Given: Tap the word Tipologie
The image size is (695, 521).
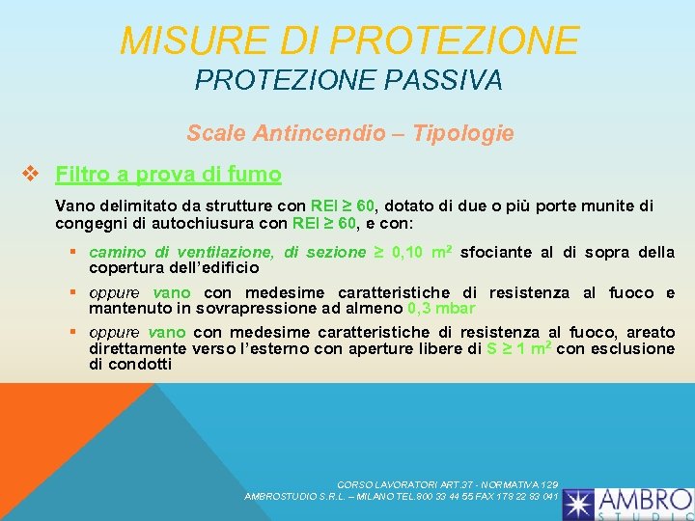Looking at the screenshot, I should tap(464, 133).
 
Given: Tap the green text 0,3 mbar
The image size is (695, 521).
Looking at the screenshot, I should tap(441, 309).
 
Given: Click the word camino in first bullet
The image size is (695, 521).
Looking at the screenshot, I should tap(114, 253).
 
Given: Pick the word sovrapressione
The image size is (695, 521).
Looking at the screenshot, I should tap(240, 309).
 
